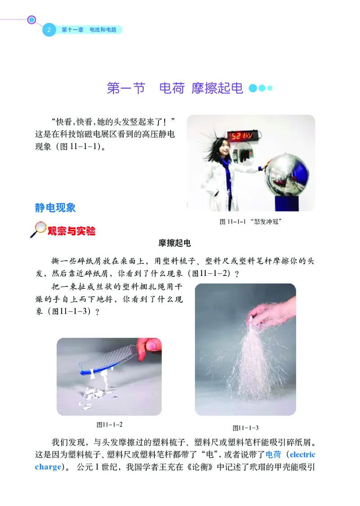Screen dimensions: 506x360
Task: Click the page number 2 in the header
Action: coord(48,30)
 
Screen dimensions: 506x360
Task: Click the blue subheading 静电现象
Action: coord(55,208)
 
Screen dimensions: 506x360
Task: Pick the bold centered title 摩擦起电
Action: coord(175,244)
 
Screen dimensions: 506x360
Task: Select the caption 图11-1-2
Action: coord(109,424)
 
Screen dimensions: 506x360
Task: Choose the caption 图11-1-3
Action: coord(245,428)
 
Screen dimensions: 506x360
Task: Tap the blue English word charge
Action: coord(47,466)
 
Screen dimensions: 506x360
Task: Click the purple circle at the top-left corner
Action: coord(31,20)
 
